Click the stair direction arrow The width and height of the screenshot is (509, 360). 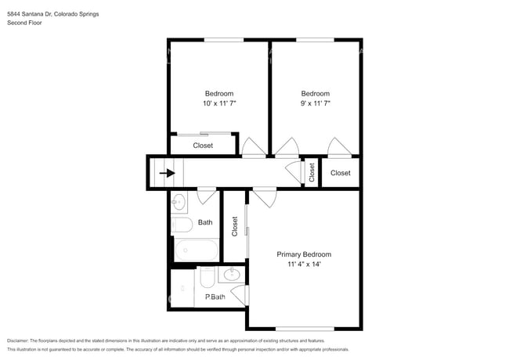click(167, 173)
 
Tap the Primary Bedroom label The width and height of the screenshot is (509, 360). click(304, 254)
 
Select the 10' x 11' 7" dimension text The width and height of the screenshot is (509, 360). click(219, 103)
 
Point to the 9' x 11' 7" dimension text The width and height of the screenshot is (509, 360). click(316, 103)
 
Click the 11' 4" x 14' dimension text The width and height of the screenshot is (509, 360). click(304, 264)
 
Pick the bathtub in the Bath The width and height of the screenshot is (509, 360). click(197, 250)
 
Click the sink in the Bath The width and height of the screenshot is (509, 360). click(179, 203)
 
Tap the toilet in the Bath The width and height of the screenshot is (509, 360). click(182, 225)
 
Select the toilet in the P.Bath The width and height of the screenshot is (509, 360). click(208, 277)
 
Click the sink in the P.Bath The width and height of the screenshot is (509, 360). click(232, 275)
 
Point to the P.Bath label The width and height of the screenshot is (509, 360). click(215, 297)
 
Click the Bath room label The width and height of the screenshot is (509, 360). click(205, 222)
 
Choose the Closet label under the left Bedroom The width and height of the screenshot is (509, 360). click(203, 146)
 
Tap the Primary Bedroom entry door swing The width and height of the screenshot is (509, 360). click(265, 197)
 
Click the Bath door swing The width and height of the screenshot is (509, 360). click(207, 196)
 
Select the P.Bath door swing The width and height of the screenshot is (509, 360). click(240, 295)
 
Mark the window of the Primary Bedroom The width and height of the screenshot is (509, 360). click(305, 329)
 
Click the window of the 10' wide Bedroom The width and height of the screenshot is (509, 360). click(224, 40)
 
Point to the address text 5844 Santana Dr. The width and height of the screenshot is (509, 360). click(30, 14)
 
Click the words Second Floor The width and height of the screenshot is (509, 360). click(24, 23)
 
